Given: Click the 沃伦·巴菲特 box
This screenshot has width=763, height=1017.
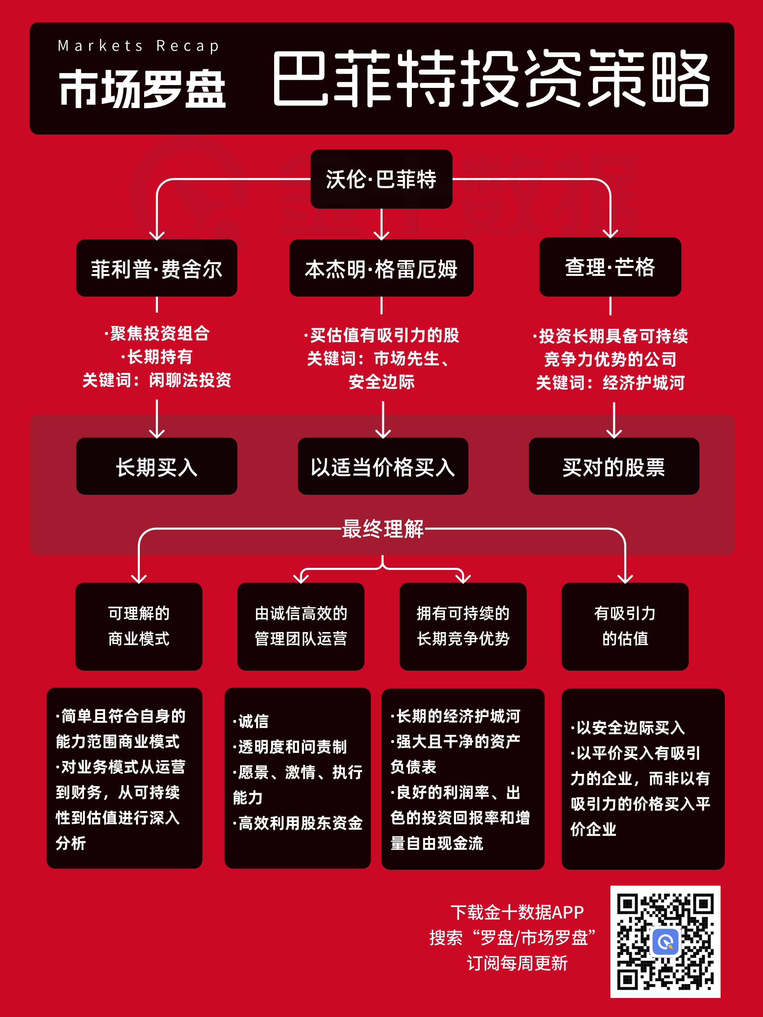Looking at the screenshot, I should [x=381, y=179].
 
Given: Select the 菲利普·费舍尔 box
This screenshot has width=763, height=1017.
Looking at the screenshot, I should [x=157, y=268].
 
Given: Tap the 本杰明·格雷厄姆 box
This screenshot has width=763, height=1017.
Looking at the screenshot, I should [x=381, y=268].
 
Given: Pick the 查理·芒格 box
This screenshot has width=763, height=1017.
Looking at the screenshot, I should [x=610, y=267].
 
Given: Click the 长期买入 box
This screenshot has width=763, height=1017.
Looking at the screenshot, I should [x=157, y=466].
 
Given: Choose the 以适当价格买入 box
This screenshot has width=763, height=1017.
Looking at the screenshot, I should [x=383, y=466].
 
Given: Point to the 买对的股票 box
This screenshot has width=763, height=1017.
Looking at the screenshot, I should [x=614, y=466].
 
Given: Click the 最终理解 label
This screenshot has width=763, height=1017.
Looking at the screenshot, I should [x=383, y=529].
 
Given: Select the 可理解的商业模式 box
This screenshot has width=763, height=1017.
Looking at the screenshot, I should [x=138, y=626].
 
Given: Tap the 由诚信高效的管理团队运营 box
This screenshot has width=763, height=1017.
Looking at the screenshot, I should [x=301, y=626].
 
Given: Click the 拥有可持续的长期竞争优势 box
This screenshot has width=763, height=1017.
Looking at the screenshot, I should [x=463, y=626].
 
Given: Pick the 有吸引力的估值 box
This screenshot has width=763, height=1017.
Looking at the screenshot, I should [x=625, y=626].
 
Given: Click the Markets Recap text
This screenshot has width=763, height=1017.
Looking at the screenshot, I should [x=138, y=46].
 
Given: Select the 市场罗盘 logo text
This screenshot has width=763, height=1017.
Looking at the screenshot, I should [x=143, y=89].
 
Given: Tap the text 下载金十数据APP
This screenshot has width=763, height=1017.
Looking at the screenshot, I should [x=517, y=912].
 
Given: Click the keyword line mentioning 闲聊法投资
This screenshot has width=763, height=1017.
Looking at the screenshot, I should [x=157, y=380].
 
